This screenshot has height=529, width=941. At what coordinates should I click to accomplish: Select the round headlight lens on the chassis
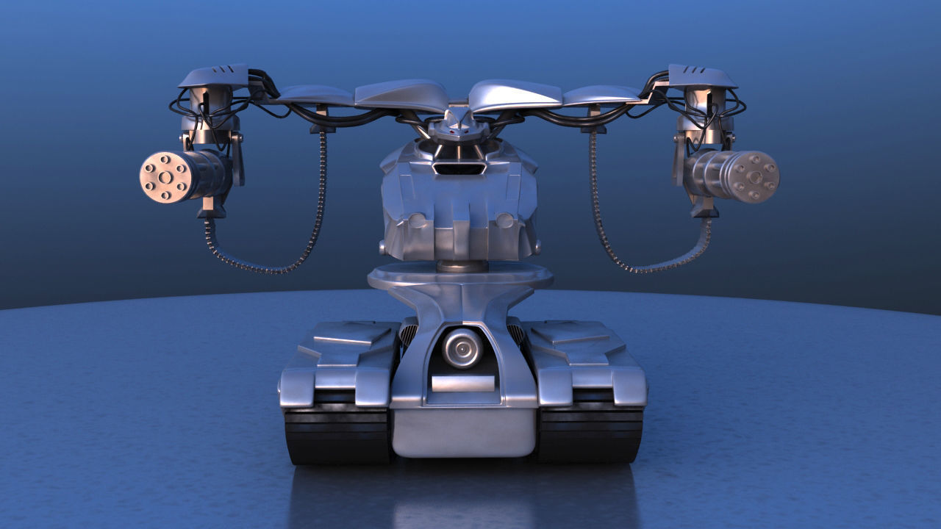(x=462, y=348)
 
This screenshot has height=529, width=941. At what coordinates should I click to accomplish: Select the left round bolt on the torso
(x=416, y=220)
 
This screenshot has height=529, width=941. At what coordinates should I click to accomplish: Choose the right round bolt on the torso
(x=504, y=220)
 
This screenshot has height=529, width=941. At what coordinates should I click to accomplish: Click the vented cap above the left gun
(x=213, y=76)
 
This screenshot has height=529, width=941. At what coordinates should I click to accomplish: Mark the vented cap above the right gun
(x=702, y=76)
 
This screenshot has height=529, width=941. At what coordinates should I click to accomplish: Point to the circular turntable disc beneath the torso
(x=460, y=277)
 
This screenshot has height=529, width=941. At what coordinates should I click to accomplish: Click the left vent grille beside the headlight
(x=409, y=335)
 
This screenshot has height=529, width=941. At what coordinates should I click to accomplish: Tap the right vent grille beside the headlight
(x=516, y=335)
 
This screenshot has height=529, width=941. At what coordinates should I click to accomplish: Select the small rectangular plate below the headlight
(x=462, y=383)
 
